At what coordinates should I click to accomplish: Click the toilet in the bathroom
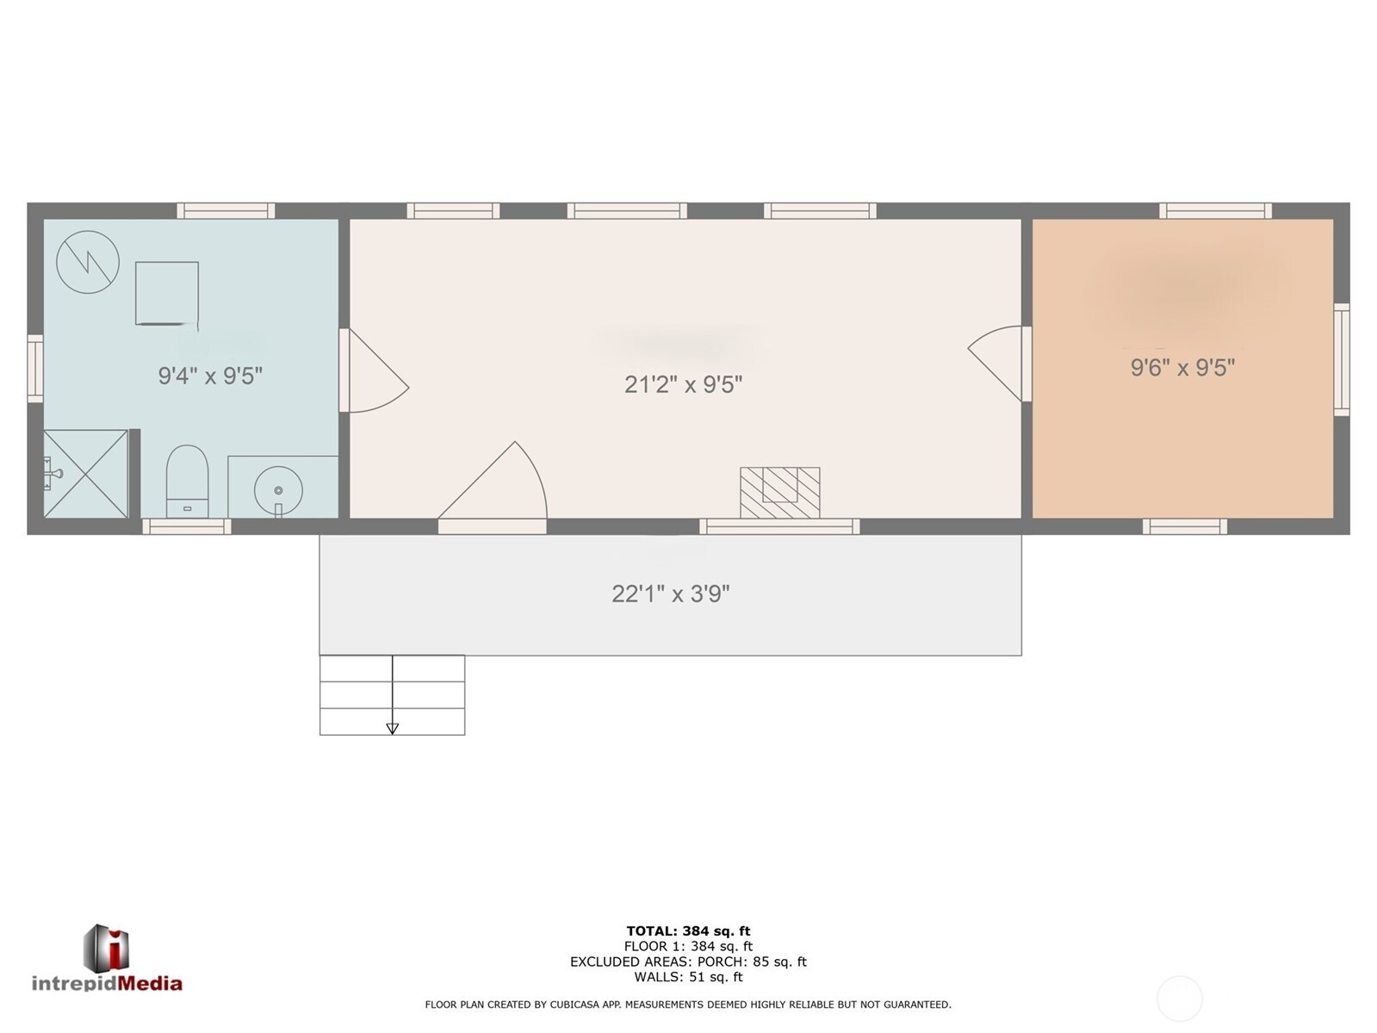coord(187,481)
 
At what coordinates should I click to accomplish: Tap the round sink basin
coord(278,490)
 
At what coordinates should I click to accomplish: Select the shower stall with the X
coord(85,474)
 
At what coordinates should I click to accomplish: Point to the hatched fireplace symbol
coord(779,492)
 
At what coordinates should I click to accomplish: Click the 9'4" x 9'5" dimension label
coord(210,376)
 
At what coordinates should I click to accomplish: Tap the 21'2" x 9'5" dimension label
coord(683,384)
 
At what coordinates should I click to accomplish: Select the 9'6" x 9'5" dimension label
coord(1182,368)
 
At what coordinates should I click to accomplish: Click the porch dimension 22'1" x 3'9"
coord(671,594)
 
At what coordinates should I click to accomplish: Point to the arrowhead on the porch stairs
coord(393,729)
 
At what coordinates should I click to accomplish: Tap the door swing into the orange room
coord(999,363)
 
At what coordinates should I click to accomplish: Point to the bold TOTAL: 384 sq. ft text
coord(688,930)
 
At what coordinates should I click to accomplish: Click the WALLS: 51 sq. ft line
coord(688,977)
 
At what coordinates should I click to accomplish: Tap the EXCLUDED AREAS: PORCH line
coord(688,961)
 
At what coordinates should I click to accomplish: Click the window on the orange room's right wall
coord(1341,359)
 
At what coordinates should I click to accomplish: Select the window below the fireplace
coord(779,526)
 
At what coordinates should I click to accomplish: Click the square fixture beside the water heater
coord(167,293)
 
